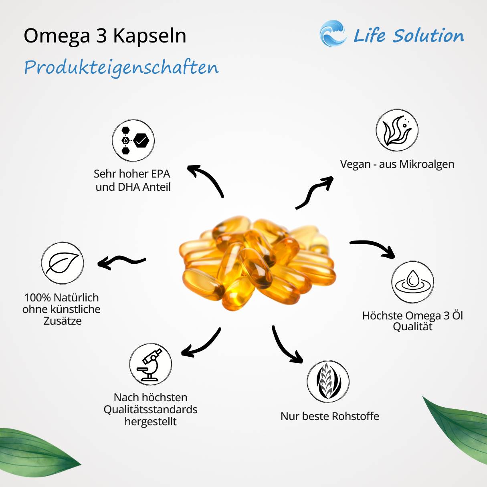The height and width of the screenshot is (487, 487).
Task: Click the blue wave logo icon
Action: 333,34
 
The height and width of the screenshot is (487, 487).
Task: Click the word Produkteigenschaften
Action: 121,67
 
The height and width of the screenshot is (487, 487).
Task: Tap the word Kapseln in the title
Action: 150,36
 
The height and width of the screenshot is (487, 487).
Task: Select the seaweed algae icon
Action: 397,130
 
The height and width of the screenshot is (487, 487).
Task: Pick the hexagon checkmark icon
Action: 133,141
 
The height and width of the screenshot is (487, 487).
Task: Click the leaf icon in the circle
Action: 63,263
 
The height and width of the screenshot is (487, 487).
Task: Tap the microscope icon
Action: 150,364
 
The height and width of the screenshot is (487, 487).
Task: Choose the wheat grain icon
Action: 328,381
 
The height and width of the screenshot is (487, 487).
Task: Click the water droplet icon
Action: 412,282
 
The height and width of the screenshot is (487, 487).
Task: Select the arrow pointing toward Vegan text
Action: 315,192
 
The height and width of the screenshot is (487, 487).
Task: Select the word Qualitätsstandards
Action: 150,409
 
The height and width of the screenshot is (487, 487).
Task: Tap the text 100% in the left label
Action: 37,297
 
